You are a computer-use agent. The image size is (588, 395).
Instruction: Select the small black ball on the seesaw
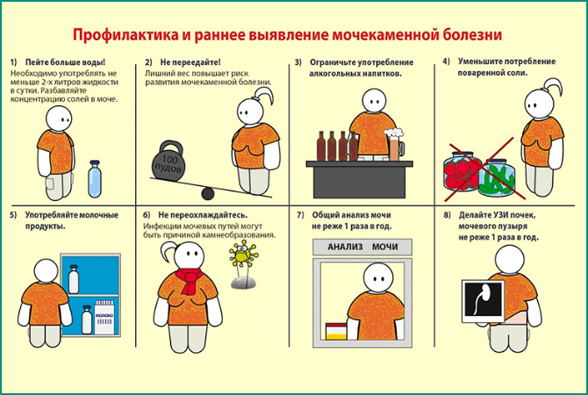207,193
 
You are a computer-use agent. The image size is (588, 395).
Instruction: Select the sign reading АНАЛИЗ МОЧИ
362,247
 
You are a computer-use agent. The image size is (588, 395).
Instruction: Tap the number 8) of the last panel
448,215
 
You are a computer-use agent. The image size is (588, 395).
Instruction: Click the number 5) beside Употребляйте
13,215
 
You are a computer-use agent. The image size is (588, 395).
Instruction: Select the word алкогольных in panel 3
338,75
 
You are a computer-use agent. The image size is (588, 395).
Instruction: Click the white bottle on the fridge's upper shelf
75,281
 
